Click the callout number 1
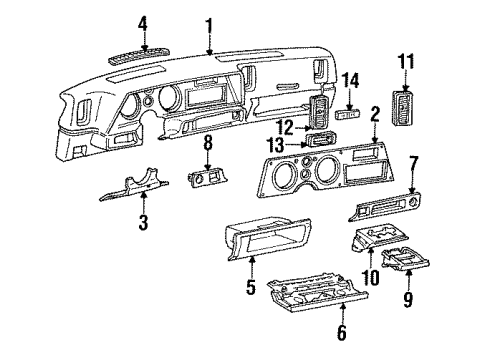[208, 24]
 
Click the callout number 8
[207, 145]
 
